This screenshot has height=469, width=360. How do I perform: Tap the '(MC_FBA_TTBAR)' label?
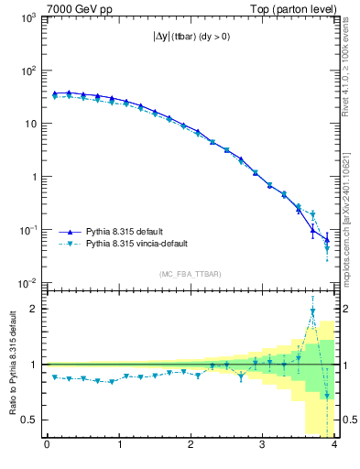pos(191,274)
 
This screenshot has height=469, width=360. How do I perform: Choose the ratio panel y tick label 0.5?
pos(31,420)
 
